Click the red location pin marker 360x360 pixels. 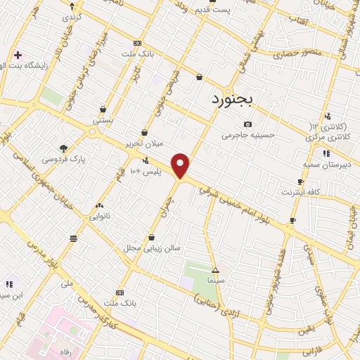[181, 165]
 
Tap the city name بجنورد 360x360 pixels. [236, 100]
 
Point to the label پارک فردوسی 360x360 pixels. [63, 159]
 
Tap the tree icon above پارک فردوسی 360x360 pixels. [64, 148]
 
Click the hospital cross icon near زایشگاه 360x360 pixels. [18, 54]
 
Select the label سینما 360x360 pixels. [215, 280]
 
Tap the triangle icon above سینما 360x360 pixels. [215, 270]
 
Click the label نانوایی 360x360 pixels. [98, 216]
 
